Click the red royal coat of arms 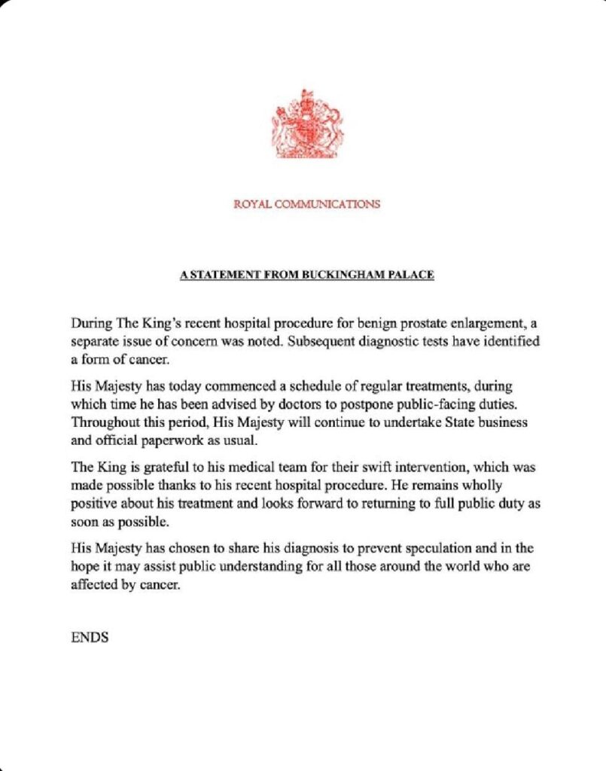pos(306,125)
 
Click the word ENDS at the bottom pos(90,637)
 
